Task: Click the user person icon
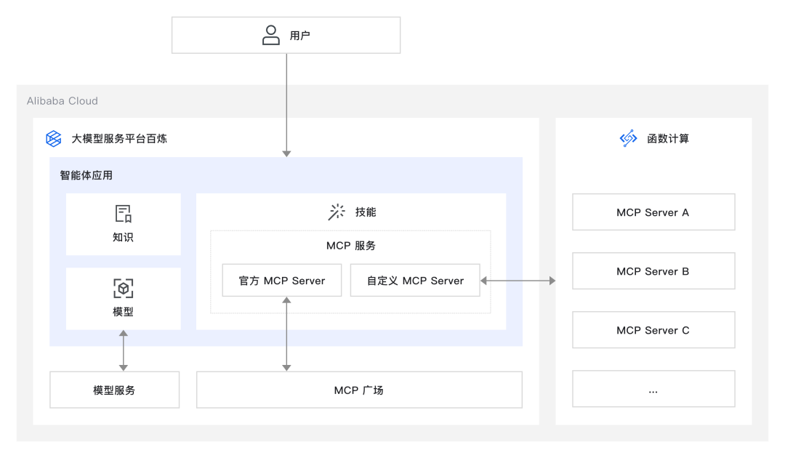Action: coord(271,35)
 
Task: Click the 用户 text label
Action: coord(300,36)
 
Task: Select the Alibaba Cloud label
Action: coord(63,101)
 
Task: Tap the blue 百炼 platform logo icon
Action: coord(54,138)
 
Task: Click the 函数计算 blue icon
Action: coord(628,138)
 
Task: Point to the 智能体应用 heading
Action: coord(86,175)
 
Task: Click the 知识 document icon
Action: coord(124,214)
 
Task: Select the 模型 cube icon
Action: coord(124,289)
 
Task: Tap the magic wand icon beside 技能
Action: coord(337,212)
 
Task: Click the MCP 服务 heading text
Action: coord(351,246)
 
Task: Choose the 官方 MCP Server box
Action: coord(282,281)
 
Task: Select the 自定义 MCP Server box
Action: coord(415,281)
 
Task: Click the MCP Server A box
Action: coord(653,212)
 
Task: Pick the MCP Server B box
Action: coord(653,271)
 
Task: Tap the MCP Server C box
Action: coord(653,330)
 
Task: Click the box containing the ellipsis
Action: coord(653,389)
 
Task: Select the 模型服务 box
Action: coord(114,390)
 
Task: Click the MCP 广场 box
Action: coord(359,390)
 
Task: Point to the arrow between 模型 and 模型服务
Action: coord(124,350)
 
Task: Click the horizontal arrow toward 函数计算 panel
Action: coord(518,281)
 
